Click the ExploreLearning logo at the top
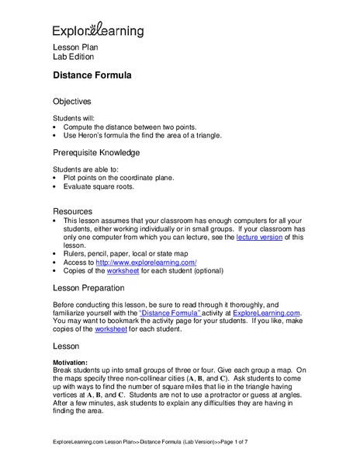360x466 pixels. tap(98, 30)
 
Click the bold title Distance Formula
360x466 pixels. tap(92, 76)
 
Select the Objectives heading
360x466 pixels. tap(71, 101)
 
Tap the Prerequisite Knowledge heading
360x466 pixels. tap(95, 152)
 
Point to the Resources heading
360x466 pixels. tap(72, 211)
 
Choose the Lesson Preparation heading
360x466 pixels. tap(95, 288)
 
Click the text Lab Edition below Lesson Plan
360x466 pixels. tap(73, 57)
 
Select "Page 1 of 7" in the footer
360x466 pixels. tap(228, 443)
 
